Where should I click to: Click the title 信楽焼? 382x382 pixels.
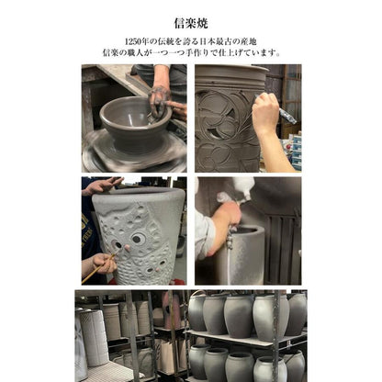191,23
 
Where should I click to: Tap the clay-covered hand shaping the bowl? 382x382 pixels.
159,99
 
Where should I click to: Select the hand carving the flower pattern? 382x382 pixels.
265,114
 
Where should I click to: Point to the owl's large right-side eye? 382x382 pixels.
139,239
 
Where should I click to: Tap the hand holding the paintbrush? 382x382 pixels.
105,263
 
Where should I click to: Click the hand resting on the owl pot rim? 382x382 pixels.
104,185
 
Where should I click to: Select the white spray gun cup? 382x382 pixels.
243,185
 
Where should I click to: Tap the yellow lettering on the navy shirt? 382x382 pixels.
86,226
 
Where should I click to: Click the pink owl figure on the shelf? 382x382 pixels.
171,309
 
